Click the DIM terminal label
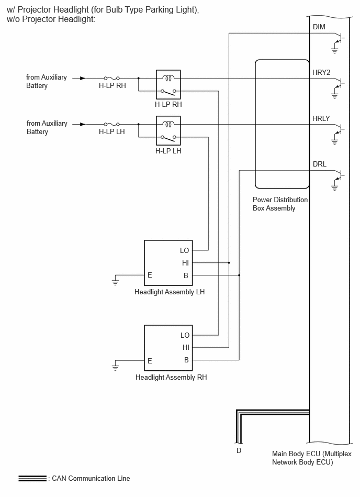(x=319, y=27)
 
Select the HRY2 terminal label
(x=321, y=73)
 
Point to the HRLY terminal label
(x=321, y=118)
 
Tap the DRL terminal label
(x=319, y=164)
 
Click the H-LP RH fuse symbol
(x=112, y=78)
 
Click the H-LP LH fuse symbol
(x=112, y=124)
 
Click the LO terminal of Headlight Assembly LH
(x=184, y=250)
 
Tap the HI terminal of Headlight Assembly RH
(x=186, y=347)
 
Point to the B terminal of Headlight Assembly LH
(x=186, y=276)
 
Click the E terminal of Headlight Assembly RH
(x=150, y=361)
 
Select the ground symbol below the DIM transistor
(x=335, y=50)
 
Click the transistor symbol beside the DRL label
(x=340, y=174)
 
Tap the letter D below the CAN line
(x=239, y=450)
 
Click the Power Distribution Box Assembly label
(x=280, y=204)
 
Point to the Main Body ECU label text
(x=311, y=458)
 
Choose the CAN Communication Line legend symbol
(x=32, y=478)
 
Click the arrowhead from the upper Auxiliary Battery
(x=83, y=78)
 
